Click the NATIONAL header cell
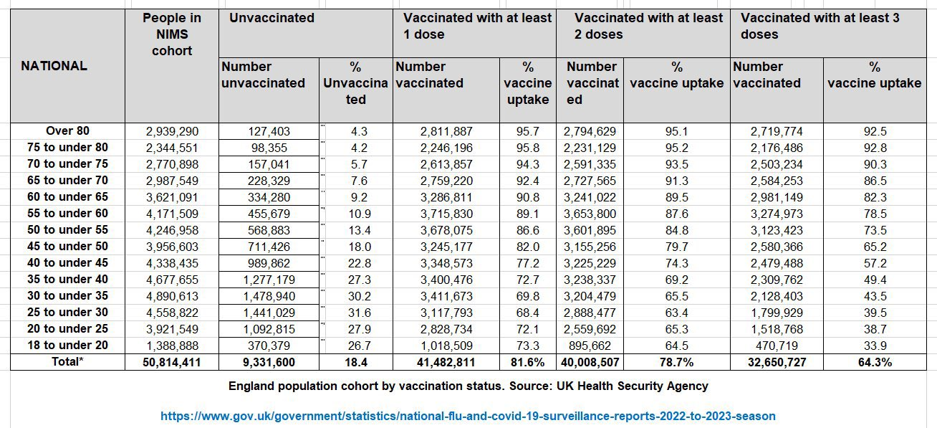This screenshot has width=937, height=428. click(54, 66)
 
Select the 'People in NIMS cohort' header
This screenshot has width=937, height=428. click(172, 34)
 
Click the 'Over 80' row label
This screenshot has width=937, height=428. click(67, 131)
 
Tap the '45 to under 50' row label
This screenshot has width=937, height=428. click(67, 247)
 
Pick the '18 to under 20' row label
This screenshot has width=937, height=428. click(67, 346)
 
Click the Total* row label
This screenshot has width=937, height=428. click(67, 362)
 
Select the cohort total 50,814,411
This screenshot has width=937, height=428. click(172, 363)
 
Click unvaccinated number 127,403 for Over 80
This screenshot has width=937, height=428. click(269, 132)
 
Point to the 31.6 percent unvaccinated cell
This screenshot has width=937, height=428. click(355, 313)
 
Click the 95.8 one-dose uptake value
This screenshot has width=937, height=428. click(527, 148)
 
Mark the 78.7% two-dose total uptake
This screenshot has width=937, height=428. click(676, 363)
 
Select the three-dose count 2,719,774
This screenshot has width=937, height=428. click(777, 132)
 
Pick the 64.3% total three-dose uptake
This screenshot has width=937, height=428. click(874, 363)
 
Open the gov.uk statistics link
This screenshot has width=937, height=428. click(468, 416)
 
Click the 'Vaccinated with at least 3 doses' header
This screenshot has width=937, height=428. click(820, 27)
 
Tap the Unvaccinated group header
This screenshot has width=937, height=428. click(272, 19)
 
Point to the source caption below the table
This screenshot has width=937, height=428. click(468, 386)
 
